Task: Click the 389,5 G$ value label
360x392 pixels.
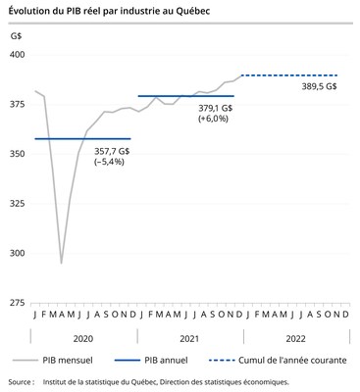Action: pos(317,86)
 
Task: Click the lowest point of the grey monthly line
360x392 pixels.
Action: pos(61,263)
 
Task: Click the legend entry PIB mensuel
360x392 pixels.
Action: pos(68,360)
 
